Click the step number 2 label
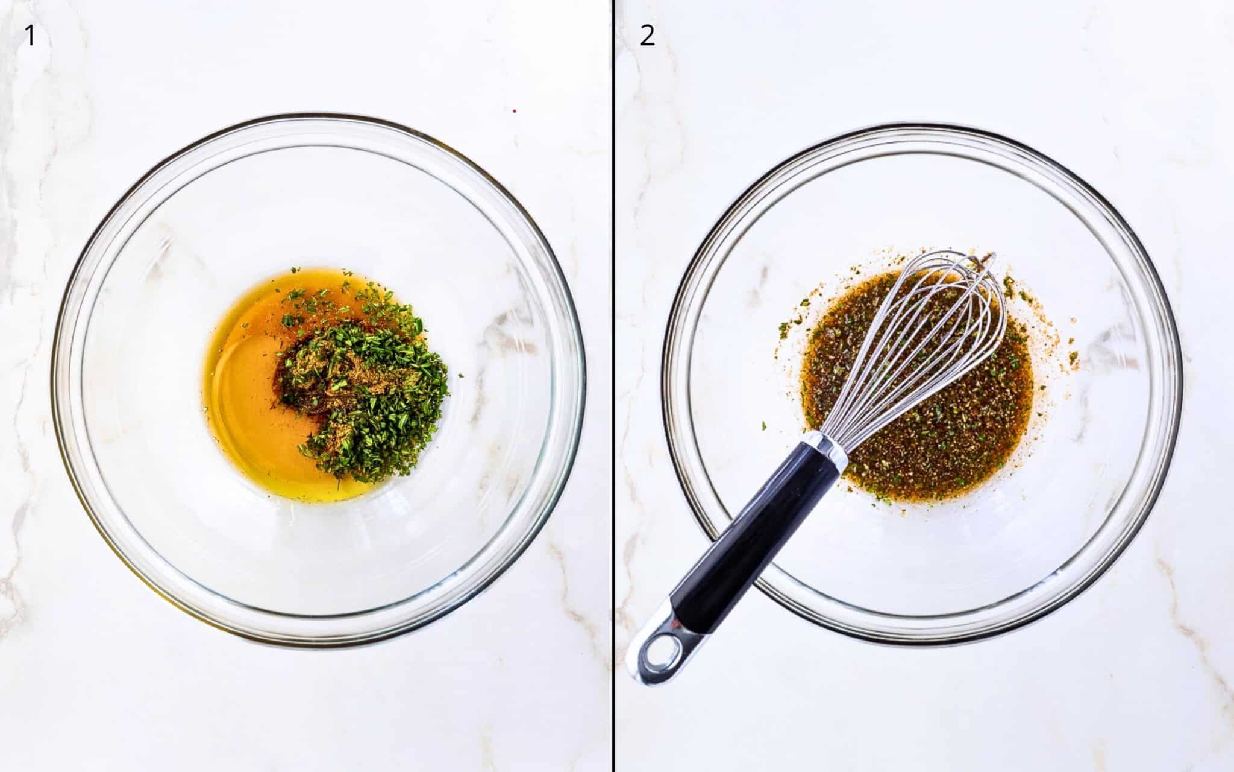[647, 36]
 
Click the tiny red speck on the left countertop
[514, 111]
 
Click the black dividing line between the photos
[613, 386]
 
